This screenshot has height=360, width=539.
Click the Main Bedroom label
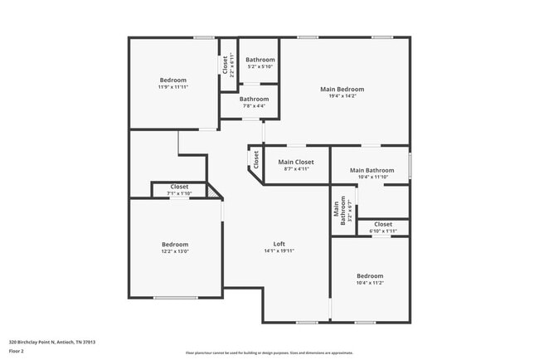point(342,89)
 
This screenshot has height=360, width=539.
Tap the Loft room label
point(279,244)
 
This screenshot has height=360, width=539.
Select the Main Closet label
point(296,162)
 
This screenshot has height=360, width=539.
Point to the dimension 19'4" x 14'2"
point(342,96)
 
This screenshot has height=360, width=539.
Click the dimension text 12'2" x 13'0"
point(174,251)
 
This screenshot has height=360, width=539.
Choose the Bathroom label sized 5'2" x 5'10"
point(260,60)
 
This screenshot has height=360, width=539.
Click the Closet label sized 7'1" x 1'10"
point(179,187)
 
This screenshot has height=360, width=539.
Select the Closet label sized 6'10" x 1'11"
point(383,224)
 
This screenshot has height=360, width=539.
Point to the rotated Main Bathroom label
point(338,212)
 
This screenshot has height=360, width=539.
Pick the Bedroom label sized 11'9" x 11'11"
point(173,80)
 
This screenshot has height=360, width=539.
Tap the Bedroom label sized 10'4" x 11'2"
point(370,275)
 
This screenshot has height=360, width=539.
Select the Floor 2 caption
point(17,351)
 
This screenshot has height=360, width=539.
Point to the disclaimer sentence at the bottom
point(269,352)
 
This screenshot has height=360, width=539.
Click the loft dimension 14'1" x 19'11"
point(279,251)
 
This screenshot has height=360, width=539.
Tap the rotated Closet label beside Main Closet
point(256,160)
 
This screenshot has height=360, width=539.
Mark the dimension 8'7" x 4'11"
point(296,168)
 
